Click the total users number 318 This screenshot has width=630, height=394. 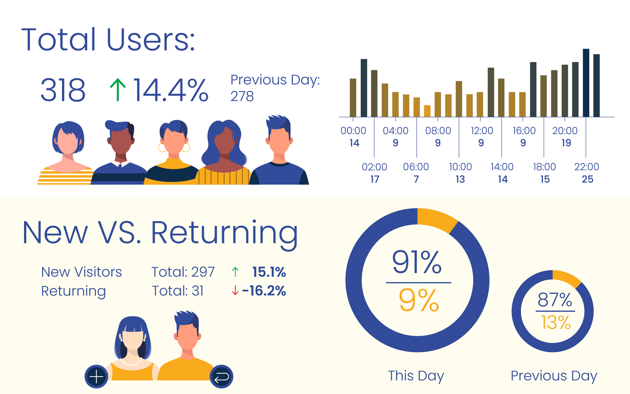pos(63,90)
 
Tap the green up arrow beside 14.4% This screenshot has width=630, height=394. pos(118,90)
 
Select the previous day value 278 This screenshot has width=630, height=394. pos(242,96)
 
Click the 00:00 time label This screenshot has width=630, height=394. pos(353,131)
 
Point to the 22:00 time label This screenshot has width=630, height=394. pos(587,167)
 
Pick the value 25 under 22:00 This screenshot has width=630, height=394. pos(587,179)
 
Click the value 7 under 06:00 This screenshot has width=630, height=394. pos(416,179)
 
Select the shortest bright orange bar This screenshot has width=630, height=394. pos(427,111)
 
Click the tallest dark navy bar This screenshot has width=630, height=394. pos(586,83)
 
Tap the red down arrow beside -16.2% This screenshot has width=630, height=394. pos(235,291)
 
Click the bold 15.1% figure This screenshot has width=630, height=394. pos(269,272)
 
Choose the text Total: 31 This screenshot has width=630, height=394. pos(178,291)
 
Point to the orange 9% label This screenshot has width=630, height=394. pos(419,300)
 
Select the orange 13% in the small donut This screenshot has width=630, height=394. pos(556,323)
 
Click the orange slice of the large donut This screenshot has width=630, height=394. pos(436,219)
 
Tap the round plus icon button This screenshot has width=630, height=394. pos(96,377)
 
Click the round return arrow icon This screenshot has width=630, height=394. pos(222,377)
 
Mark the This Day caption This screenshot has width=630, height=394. pos(416,376)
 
